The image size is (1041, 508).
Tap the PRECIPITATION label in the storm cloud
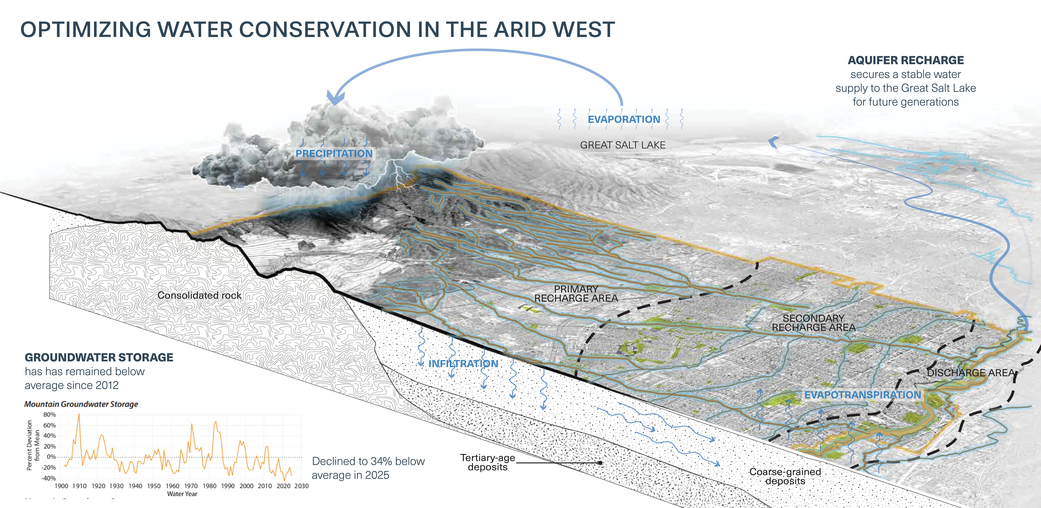coord(334,154)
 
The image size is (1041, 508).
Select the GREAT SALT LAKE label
coord(623,145)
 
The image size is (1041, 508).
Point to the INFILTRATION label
coord(463,364)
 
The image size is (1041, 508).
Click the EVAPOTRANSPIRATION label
coord(862,395)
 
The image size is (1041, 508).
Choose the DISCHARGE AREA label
coord(971,373)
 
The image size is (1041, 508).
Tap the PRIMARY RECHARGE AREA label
coord(576,294)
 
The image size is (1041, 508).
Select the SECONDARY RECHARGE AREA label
coord(814,323)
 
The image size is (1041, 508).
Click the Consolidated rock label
coord(199,295)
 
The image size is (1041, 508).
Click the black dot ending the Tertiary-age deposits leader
coord(601,463)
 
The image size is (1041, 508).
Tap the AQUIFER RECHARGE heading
coord(906,60)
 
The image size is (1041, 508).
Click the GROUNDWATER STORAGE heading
coord(99,357)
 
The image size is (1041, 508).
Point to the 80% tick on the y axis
coord(49,415)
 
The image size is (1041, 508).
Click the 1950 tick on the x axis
coord(154,486)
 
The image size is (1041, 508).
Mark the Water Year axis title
coord(182,494)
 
